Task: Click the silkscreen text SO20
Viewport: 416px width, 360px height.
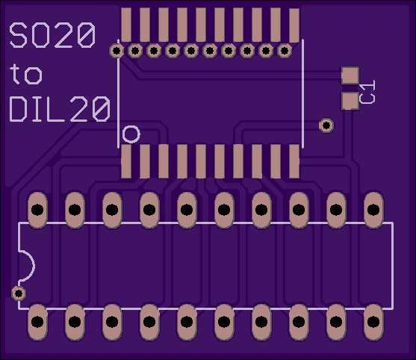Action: pyautogui.click(x=52, y=35)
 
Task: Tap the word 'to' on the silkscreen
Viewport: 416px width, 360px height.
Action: pyautogui.click(x=25, y=74)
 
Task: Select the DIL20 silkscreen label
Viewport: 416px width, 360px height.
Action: pyautogui.click(x=60, y=109)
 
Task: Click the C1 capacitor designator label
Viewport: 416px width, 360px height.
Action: pyautogui.click(x=367, y=92)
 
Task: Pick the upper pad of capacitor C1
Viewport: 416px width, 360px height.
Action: pyautogui.click(x=350, y=75)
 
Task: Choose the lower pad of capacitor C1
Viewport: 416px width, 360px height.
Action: pyautogui.click(x=350, y=101)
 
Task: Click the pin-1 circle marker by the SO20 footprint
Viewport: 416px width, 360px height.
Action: pyautogui.click(x=131, y=134)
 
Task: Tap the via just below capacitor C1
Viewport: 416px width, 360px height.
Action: pyautogui.click(x=326, y=125)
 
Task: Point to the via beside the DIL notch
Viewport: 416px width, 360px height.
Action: pyautogui.click(x=19, y=294)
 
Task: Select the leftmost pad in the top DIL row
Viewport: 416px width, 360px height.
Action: pyautogui.click(x=37, y=210)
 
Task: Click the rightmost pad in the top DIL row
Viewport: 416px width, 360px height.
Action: pyautogui.click(x=373, y=210)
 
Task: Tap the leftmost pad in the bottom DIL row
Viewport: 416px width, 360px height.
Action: pyautogui.click(x=37, y=322)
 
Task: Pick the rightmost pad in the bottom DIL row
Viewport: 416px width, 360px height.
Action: pyautogui.click(x=373, y=322)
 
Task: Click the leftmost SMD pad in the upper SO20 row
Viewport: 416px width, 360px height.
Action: pyautogui.click(x=126, y=25)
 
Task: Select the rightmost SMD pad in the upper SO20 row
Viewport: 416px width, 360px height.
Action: pyautogui.click(x=294, y=25)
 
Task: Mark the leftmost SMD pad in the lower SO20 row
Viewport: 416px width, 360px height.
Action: pyautogui.click(x=126, y=161)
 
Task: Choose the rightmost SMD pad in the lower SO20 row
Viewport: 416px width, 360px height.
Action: pyautogui.click(x=294, y=161)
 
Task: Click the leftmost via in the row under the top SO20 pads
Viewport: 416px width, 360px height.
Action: pyautogui.click(x=117, y=51)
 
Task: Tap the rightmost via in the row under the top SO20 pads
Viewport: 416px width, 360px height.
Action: pyautogui.click(x=285, y=51)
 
